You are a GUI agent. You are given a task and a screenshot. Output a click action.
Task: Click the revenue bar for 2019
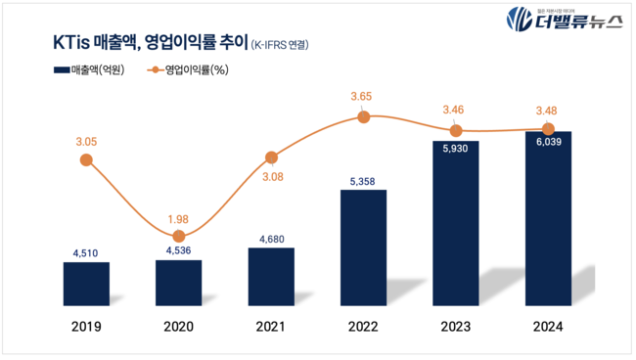pos(86,285)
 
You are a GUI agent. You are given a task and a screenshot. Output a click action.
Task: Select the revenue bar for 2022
pos(363,248)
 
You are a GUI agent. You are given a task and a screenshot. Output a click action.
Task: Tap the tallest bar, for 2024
pos(548,220)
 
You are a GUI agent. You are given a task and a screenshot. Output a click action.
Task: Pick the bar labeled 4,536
pos(178,284)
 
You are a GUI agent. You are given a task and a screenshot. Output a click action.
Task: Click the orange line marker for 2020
pos(178,237)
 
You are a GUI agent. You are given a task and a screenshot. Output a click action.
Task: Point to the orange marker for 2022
pos(363,117)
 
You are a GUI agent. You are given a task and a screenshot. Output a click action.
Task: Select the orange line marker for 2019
pos(86,159)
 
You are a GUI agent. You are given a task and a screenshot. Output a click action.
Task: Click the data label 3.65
pos(363,96)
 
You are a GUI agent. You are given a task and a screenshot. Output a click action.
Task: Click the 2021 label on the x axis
pos(271,328)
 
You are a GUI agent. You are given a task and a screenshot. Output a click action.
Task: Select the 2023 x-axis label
pos(456,328)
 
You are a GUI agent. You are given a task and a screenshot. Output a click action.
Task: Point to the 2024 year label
pos(548,328)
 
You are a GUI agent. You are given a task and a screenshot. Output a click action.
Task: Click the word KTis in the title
pos(71,43)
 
